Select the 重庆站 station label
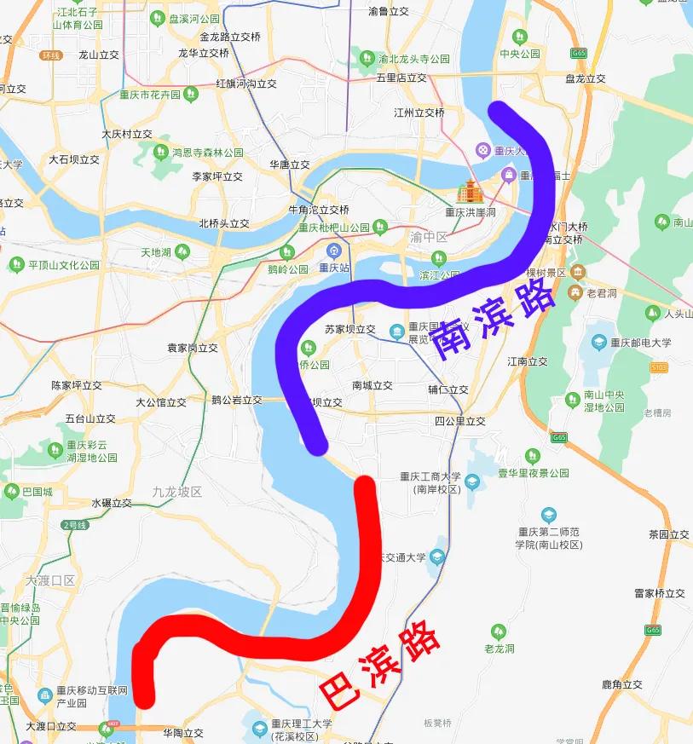[334, 267]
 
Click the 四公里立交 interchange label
[459, 421]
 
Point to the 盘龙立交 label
[585, 78]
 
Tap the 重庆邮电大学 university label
[639, 343]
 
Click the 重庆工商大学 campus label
[430, 477]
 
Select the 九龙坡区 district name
[177, 492]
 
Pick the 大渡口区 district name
[50, 580]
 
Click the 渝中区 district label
[429, 237]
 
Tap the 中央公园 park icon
[520, 37]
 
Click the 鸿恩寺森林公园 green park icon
[160, 153]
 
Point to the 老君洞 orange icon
[578, 293]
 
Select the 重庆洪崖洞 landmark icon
[470, 192]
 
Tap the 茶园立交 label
[668, 534]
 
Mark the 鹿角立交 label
[621, 683]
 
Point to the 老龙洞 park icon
[500, 632]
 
